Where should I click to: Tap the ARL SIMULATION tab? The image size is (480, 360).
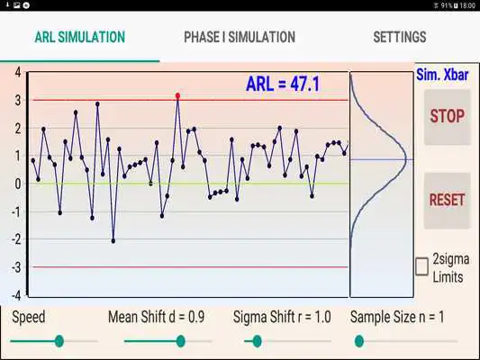pos(79,38)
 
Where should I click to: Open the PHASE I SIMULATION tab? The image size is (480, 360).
pos(239,38)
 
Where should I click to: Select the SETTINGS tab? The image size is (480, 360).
pos(399,38)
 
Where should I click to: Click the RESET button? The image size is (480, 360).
pos(447,200)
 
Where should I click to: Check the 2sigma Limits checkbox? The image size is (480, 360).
pos(421,266)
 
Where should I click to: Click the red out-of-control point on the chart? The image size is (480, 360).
pos(177,94)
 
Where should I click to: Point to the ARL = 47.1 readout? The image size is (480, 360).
pos(284,85)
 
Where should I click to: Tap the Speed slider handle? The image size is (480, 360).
pos(59,341)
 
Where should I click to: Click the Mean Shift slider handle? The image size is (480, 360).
pos(181,341)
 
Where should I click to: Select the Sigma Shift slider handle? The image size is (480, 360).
pos(257,341)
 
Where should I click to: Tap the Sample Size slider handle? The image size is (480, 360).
pos(359,341)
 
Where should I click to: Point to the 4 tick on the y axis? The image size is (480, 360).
pos(17,72)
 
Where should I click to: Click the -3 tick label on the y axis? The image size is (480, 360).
pos(15,267)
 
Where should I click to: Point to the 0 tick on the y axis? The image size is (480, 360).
pos(17,184)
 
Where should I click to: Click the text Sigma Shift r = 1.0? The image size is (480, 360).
pos(282,317)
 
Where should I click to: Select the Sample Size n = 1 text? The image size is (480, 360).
pos(397,317)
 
